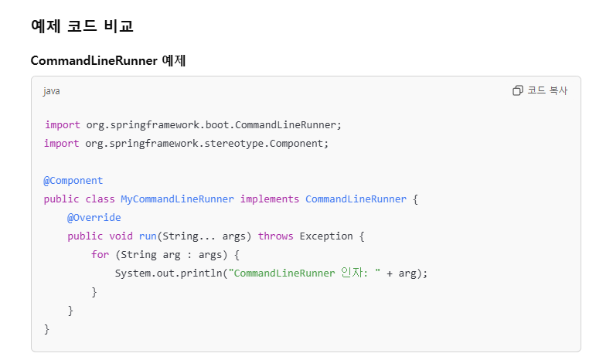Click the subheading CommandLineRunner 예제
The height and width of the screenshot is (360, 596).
pyautogui.click(x=107, y=61)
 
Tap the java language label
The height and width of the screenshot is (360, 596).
pyautogui.click(x=51, y=91)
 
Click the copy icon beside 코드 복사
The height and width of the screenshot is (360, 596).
pyautogui.click(x=518, y=90)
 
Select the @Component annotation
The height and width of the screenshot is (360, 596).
pyautogui.click(x=73, y=181)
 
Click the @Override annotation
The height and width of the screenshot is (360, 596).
pyautogui.click(x=94, y=218)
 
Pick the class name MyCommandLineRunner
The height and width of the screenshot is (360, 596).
pyautogui.click(x=177, y=199)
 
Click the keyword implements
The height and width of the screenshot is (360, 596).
pyautogui.click(x=269, y=199)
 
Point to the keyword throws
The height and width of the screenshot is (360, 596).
pyautogui.click(x=275, y=236)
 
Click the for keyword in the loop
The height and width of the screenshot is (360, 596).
pyautogui.click(x=100, y=255)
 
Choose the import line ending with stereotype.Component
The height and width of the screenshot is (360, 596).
pyautogui.click(x=186, y=144)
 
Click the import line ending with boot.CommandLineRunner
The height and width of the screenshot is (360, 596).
pyautogui.click(x=192, y=125)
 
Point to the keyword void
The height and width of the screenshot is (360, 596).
pyautogui.click(x=121, y=236)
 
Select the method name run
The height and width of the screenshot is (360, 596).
pyautogui.click(x=148, y=236)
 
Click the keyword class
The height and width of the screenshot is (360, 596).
pyautogui.click(x=100, y=199)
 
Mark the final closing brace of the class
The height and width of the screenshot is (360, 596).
pyautogui.click(x=46, y=329)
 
